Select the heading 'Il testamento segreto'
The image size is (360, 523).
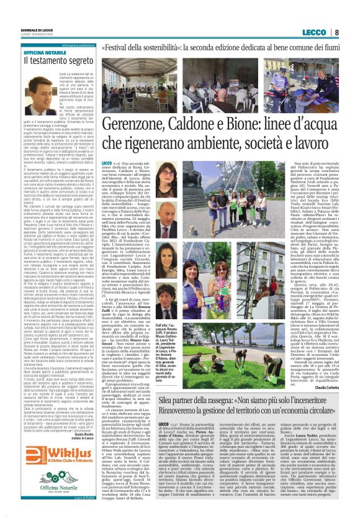click(53, 61)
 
